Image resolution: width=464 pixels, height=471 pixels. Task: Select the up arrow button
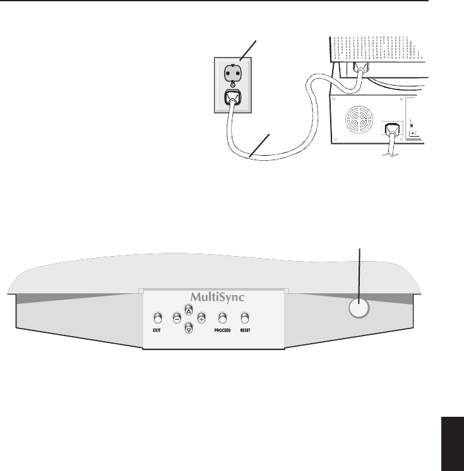188,310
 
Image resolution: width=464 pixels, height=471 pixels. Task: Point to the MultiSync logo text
213,296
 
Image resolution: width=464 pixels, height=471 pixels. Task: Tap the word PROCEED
222,330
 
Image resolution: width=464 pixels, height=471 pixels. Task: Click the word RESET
245,330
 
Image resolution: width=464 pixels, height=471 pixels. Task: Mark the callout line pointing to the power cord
261,144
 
